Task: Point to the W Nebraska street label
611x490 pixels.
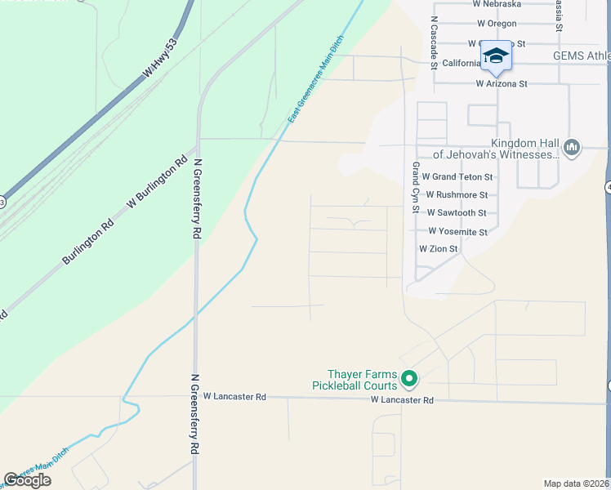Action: [x=497, y=4]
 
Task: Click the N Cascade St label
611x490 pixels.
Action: [x=435, y=36]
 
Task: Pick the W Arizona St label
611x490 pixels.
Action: [x=502, y=83]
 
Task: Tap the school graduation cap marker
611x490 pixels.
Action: [x=495, y=56]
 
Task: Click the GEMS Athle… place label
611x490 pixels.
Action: [x=581, y=56]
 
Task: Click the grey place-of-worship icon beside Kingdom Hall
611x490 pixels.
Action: [x=572, y=147]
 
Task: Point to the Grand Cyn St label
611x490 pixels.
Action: [x=415, y=188]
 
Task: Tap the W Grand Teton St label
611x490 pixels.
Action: [x=457, y=176]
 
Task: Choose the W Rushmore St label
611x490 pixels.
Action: [x=456, y=195]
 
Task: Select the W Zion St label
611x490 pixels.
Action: [x=439, y=248]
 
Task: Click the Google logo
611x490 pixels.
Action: [x=27, y=480]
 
